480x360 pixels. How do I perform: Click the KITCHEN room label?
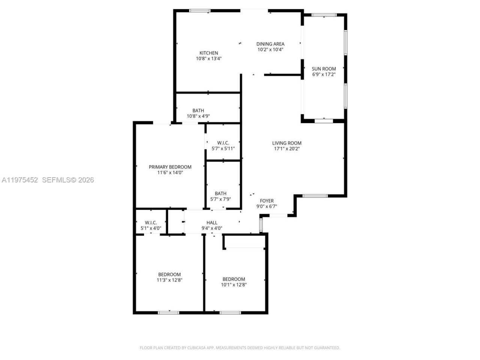[208, 53]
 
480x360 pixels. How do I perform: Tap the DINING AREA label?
[270, 44]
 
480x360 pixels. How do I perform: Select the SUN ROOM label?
[324, 69]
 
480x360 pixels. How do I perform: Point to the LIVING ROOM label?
[286, 143]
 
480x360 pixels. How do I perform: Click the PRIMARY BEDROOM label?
[170, 167]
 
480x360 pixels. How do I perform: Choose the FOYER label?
[267, 201]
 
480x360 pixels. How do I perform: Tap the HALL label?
[212, 222]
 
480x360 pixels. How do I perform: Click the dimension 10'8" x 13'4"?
[208, 58]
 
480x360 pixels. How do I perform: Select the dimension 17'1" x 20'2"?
[286, 148]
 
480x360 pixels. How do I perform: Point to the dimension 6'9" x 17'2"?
[324, 74]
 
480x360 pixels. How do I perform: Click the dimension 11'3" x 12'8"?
[169, 280]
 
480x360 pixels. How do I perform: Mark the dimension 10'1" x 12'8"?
[234, 285]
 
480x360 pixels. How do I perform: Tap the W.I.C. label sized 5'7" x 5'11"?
[223, 143]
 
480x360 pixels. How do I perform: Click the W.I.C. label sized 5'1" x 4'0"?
[151, 222]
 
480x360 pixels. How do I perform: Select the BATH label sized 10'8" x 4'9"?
[198, 110]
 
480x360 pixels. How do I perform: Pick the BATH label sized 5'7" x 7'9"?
[220, 193]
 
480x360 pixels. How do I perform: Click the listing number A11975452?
[20, 180]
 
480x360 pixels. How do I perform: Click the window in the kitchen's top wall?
[200, 10]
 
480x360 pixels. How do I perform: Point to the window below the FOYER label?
[278, 215]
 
